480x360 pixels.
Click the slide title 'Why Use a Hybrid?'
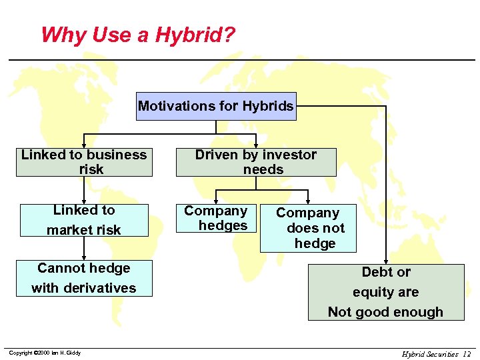[138, 35]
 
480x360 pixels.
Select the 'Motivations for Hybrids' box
[215, 106]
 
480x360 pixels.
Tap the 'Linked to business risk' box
[84, 162]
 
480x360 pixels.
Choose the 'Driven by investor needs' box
[256, 162]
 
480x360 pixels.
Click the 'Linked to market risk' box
[84, 220]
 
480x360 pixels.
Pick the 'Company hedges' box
[215, 219]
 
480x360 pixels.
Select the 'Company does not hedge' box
[307, 228]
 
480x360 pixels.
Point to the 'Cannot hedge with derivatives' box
[84, 278]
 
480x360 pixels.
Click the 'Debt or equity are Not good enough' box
[385, 292]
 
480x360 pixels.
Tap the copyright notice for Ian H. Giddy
[45, 353]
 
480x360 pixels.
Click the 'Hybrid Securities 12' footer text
[436, 354]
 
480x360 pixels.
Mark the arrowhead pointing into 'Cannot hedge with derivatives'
[84, 257]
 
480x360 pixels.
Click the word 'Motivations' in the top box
[171, 106]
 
